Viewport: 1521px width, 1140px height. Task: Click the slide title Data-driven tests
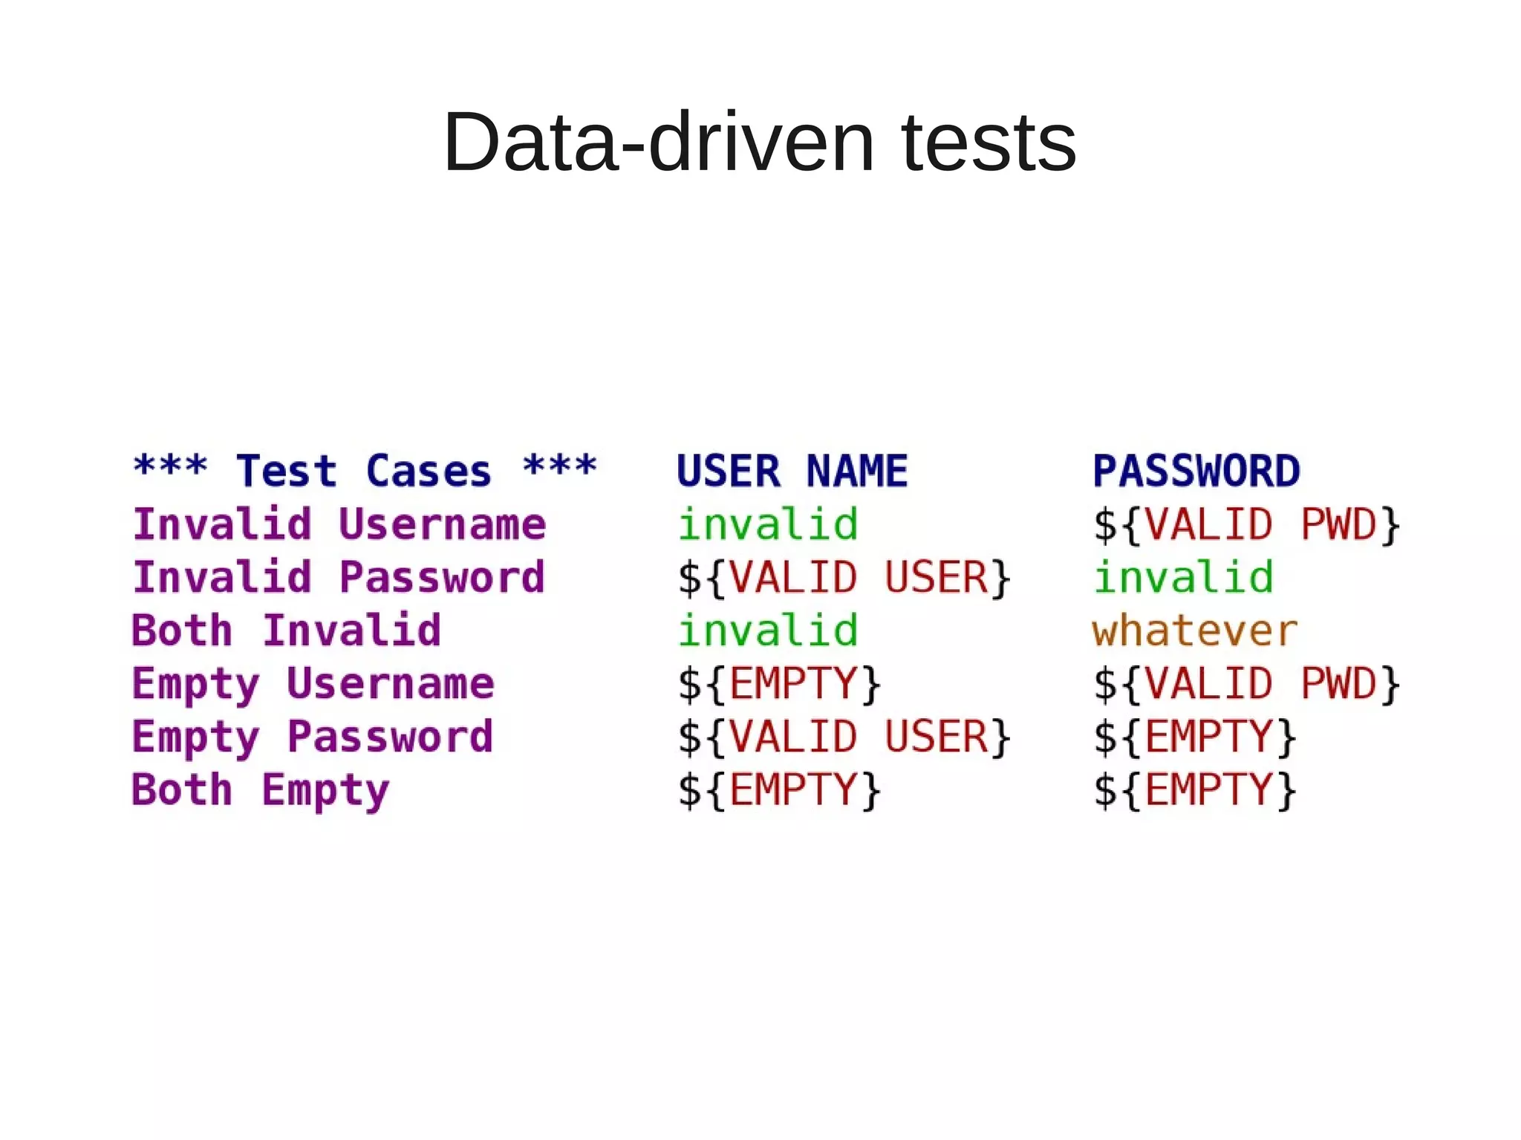tap(759, 141)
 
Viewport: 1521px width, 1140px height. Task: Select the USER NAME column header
tap(792, 471)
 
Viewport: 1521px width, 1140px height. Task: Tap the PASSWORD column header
tap(1196, 471)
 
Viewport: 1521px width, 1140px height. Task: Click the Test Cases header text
tap(364, 471)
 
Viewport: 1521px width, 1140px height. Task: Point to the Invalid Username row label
tap(339, 524)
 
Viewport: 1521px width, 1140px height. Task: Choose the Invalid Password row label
tap(339, 577)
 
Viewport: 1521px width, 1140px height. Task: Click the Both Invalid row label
tap(287, 631)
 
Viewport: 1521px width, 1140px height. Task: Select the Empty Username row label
tap(313, 684)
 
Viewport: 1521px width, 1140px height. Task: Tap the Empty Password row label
tap(313, 737)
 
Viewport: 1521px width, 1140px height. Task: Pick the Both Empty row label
tap(261, 790)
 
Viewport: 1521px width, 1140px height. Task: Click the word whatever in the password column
tap(1194, 631)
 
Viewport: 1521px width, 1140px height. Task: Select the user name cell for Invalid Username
tap(768, 524)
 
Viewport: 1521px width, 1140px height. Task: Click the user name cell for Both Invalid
tap(768, 631)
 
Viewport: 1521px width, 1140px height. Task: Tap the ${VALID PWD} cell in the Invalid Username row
tap(1246, 524)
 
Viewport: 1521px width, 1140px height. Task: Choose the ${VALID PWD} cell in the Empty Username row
tap(1246, 684)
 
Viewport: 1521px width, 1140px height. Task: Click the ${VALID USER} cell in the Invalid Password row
tap(844, 577)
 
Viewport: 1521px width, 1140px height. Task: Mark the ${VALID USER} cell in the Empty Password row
tap(844, 737)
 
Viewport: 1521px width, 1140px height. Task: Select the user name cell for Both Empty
tap(779, 790)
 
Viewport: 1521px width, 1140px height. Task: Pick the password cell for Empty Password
tap(1194, 737)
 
